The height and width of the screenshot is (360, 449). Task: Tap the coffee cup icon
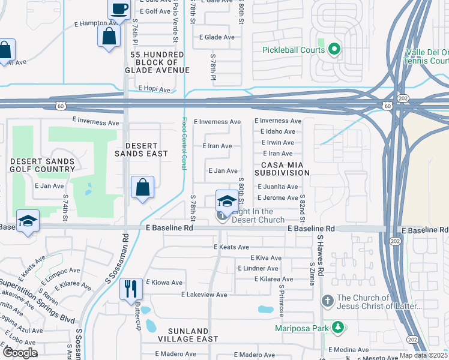pos(118,9)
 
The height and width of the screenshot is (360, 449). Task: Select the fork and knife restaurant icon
pos(131,289)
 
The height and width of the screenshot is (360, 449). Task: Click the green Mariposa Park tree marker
pos(339,328)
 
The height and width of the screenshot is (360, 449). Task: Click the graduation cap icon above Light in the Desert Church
pos(227,201)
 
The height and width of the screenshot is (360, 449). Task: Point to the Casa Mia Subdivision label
pos(285,168)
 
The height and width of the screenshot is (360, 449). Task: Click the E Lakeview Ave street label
pos(204,295)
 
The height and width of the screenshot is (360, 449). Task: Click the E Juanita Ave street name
pos(277,187)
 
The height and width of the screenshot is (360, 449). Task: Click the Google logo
pos(20,353)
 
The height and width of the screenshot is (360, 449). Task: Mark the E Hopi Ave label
pos(154,89)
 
